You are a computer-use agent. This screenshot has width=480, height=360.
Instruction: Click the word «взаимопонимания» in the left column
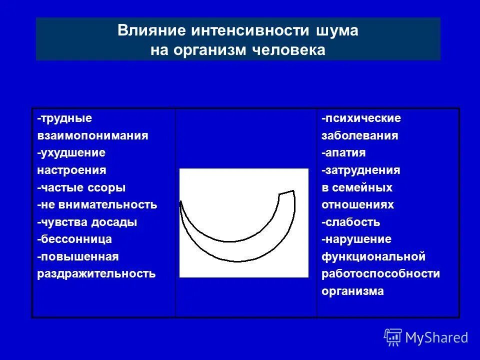[x=92, y=135]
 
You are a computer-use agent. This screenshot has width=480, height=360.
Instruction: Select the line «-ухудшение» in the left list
[x=71, y=152]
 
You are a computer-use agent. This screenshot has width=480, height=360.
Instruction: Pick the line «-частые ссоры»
[x=81, y=188]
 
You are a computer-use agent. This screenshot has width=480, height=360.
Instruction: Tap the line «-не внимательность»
[x=97, y=205]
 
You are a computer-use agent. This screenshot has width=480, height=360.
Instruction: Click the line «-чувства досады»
[x=87, y=222]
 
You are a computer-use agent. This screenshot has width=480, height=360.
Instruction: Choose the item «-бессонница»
[x=74, y=239]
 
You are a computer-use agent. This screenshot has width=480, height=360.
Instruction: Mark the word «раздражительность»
[x=96, y=273]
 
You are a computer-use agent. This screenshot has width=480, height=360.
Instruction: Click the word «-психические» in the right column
[x=361, y=118]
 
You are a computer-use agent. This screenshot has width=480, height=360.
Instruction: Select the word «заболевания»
[x=360, y=135]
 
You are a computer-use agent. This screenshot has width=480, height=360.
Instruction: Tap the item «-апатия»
[x=343, y=152]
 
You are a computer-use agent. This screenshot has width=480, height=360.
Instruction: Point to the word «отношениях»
[x=358, y=205]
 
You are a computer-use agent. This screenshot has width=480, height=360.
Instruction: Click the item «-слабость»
[x=351, y=222]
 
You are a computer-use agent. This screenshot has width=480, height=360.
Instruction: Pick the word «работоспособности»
[x=381, y=273]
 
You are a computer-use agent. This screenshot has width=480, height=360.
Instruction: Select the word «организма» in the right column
[x=353, y=291]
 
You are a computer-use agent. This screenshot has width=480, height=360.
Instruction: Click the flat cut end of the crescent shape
[x=286, y=192]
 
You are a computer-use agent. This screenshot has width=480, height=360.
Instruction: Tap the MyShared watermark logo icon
[x=392, y=337]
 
